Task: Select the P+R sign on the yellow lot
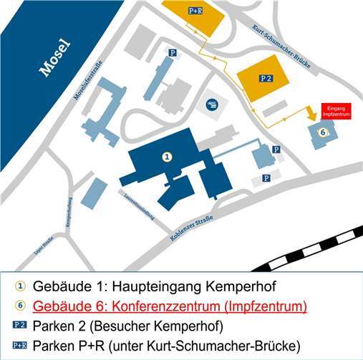point(195,11)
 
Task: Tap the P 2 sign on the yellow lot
point(266,77)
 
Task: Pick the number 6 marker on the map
point(323,132)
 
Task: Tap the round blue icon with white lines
point(213,106)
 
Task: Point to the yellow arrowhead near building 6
point(311,115)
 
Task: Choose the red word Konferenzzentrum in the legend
point(172,306)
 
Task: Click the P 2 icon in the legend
point(20,326)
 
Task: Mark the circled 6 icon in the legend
point(20,306)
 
